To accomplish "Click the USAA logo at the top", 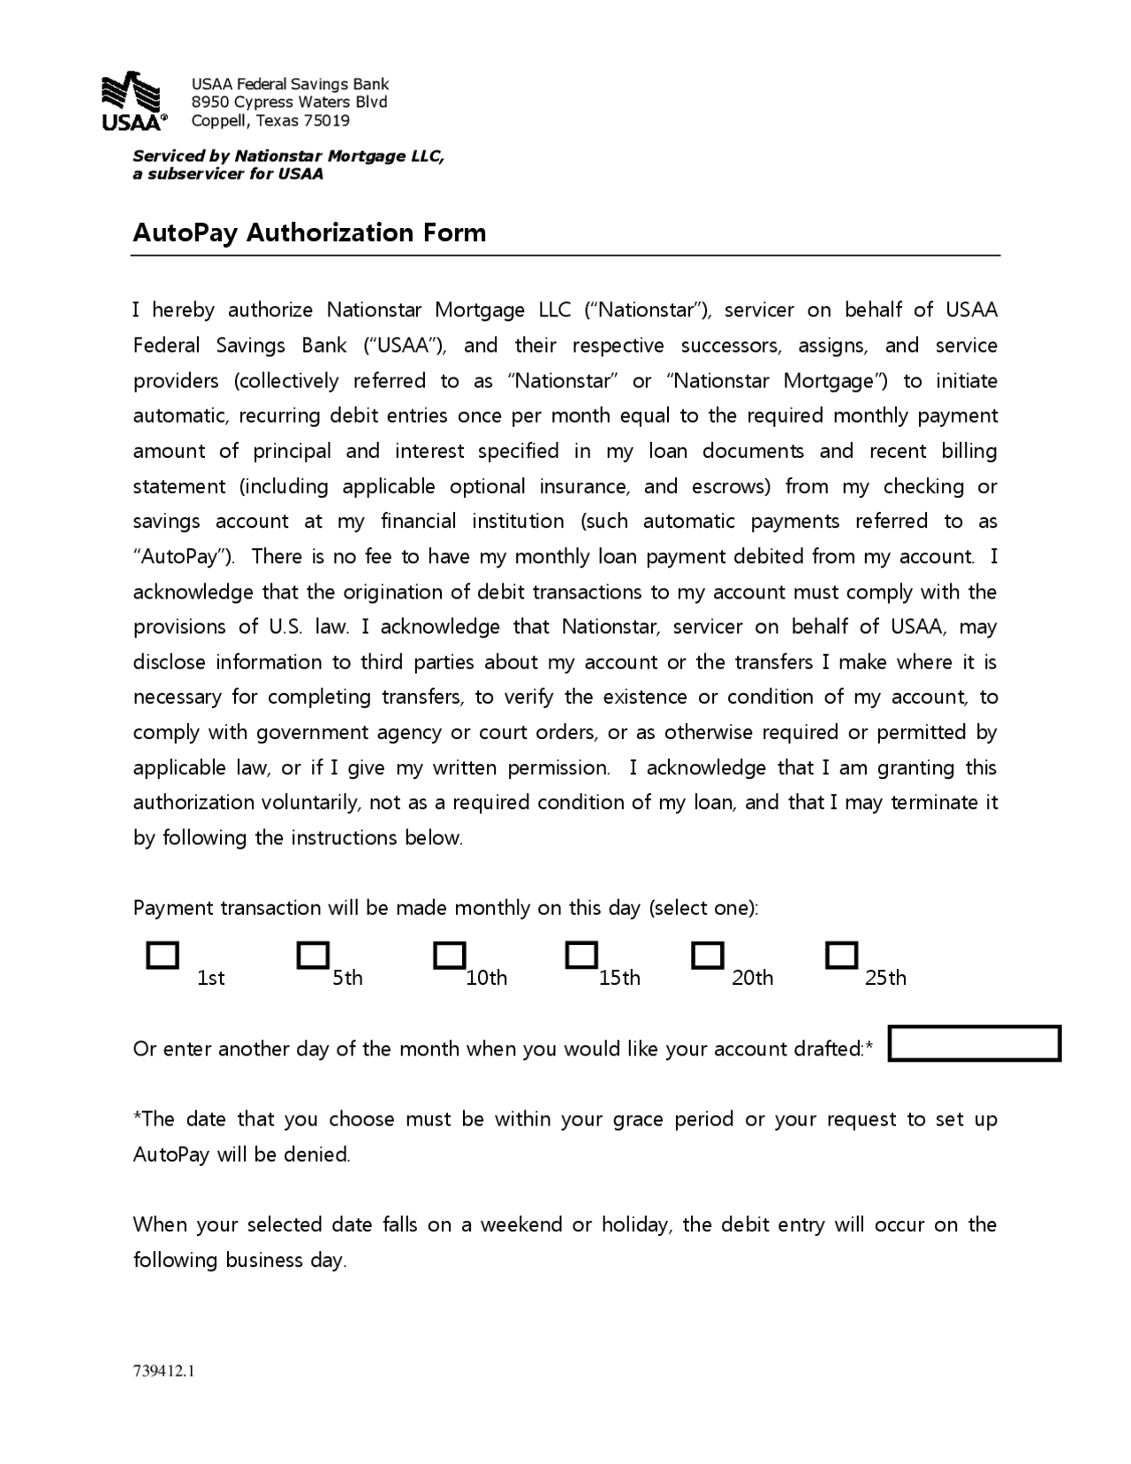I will point(133,101).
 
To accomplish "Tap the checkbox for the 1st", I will point(163,956).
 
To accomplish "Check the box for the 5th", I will point(313,955).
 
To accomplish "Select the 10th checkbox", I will point(450,955).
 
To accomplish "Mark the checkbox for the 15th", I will point(581,955).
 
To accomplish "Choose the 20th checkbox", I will point(708,955).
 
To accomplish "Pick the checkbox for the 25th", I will point(841,955).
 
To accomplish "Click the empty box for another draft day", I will point(974,1043).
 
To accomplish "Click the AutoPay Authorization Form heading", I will point(309,233).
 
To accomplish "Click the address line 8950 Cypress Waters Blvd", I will point(290,103).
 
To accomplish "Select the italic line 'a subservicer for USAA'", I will point(228,174).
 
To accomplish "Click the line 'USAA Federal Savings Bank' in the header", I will point(290,84).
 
